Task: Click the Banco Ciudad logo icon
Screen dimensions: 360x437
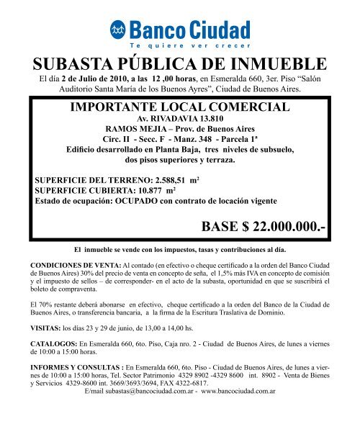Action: click(117, 30)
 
